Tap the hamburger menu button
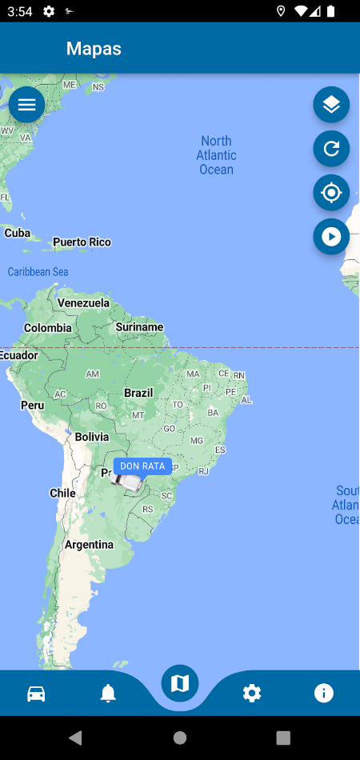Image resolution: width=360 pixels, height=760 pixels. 26,105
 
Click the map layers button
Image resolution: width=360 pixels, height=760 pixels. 331,105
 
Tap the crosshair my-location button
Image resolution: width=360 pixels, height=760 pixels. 331,193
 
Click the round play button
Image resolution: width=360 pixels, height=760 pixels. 331,237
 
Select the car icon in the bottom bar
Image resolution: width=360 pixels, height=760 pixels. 36,693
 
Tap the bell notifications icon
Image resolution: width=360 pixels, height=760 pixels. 108,693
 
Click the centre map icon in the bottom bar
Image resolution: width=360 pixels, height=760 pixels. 180,683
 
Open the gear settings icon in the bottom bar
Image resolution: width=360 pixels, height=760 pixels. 252,693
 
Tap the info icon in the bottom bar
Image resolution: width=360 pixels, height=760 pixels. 324,693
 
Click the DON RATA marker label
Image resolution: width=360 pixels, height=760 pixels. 142,466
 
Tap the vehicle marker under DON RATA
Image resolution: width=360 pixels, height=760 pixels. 127,482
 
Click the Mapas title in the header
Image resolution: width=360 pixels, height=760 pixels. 94,49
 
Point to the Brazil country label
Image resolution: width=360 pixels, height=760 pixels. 138,393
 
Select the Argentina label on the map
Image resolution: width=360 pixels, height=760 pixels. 89,545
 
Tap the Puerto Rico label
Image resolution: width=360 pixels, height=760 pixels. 82,242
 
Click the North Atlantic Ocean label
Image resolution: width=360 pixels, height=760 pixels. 216,155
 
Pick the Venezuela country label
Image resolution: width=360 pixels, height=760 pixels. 83,303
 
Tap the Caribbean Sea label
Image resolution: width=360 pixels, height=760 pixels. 38,272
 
